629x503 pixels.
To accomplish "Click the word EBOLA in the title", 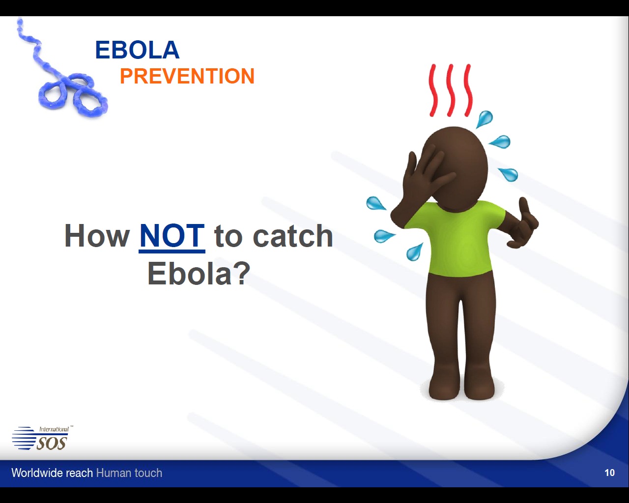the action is click(x=137, y=50).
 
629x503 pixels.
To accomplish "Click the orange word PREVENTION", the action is click(x=187, y=76).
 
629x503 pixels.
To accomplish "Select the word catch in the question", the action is click(x=292, y=236).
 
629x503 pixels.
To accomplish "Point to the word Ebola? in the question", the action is click(x=199, y=273).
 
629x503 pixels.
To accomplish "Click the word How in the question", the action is click(x=97, y=236).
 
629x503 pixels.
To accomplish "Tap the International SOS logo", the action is click(x=42, y=438).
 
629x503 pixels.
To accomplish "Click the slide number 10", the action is click(x=609, y=473).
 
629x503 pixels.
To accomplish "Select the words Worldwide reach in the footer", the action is click(x=52, y=473).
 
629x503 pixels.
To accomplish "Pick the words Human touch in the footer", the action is click(x=129, y=473).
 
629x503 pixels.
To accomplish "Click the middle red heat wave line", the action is click(x=451, y=90).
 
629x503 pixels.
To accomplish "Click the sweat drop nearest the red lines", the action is click(x=485, y=119).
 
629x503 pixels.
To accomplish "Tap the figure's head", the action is click(x=456, y=167).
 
